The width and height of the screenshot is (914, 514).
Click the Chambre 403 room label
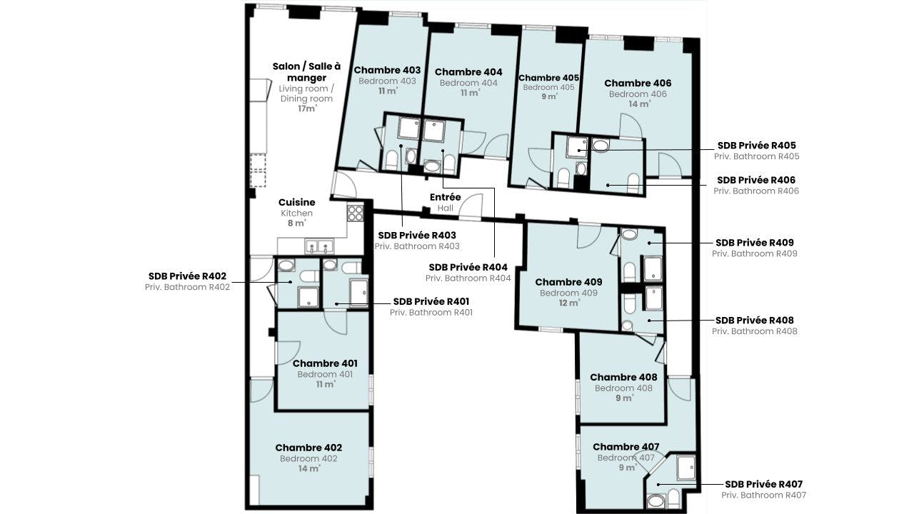(x=387, y=70)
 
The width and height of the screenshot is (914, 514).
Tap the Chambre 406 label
(x=638, y=84)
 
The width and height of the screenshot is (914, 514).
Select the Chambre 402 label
(x=308, y=448)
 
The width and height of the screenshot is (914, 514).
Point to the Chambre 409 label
(x=568, y=282)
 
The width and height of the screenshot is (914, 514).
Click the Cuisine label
(x=296, y=202)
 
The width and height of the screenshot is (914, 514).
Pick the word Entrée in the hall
(x=445, y=198)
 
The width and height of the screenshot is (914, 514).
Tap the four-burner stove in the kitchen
(x=356, y=213)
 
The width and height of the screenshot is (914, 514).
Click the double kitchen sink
(x=319, y=246)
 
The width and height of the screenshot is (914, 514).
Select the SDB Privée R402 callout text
(x=187, y=276)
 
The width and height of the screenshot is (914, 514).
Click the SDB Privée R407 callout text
(x=763, y=484)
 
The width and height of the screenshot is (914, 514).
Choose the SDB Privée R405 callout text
(x=756, y=146)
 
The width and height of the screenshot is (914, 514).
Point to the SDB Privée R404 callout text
(x=468, y=268)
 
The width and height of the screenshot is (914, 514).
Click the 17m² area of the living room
(x=307, y=109)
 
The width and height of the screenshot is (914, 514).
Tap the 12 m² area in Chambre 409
(x=569, y=303)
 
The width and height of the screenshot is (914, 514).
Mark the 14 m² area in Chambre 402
(x=309, y=469)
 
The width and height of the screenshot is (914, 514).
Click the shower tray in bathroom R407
(x=686, y=468)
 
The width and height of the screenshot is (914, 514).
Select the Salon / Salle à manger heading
(x=306, y=72)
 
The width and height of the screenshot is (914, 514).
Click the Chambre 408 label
(x=623, y=378)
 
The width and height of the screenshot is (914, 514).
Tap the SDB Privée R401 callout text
(x=431, y=302)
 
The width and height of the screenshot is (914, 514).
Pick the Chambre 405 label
(x=548, y=78)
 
